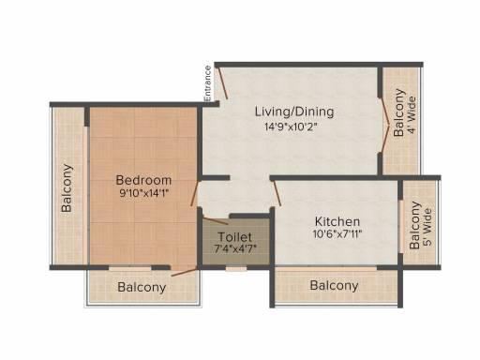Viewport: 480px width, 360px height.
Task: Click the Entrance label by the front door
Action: coord(208,83)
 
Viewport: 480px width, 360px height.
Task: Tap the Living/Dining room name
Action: coord(294,112)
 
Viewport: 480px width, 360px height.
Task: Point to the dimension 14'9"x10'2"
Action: coord(292,127)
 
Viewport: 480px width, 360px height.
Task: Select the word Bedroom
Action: coord(143,180)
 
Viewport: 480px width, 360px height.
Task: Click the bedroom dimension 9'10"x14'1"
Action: coord(144,193)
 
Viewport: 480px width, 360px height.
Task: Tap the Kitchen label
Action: coord(337,221)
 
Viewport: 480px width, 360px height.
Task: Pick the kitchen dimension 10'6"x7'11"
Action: coord(337,233)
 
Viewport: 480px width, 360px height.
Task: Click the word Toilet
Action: coord(234,237)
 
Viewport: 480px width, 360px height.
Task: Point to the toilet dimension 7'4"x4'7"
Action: coord(235,249)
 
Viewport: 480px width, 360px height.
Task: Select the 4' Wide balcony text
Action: coord(412,115)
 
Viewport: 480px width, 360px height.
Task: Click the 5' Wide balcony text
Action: coord(427,227)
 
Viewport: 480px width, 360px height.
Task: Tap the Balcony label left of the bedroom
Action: coord(67,188)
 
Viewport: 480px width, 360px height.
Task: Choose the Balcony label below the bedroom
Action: coord(142,287)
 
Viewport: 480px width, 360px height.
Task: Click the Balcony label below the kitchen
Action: coord(335,285)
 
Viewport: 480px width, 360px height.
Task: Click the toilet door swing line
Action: coord(216,220)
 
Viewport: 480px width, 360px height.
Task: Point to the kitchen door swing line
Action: coord(277,194)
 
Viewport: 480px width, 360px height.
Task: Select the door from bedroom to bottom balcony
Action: coord(185,272)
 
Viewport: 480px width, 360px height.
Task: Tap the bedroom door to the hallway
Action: coord(195,193)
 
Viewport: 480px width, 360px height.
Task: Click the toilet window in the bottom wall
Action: coord(236,268)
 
